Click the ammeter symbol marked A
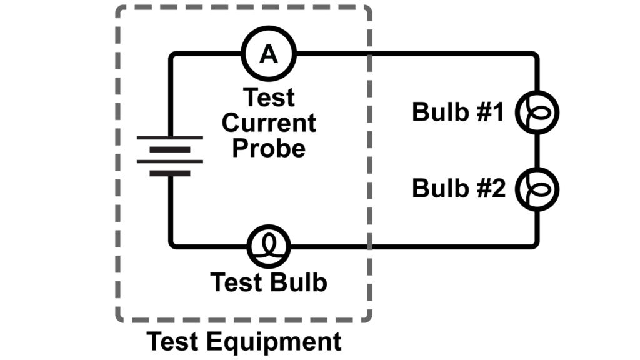pyautogui.click(x=269, y=54)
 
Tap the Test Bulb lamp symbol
pyautogui.click(x=269, y=246)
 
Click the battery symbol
pyautogui.click(x=170, y=155)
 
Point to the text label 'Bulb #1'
pyautogui.click(x=457, y=112)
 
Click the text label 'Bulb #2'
pyautogui.click(x=457, y=188)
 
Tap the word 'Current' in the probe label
pyautogui.click(x=269, y=123)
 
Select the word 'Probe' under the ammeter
pyautogui.click(x=269, y=148)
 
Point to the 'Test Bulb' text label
pyautogui.click(x=269, y=282)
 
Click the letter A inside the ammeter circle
pyautogui.click(x=269, y=55)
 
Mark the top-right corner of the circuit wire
pyautogui.click(x=535, y=55)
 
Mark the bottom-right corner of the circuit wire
pyautogui.click(x=535, y=245)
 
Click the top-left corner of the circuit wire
pyautogui.click(x=171, y=55)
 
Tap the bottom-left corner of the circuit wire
pyautogui.click(x=171, y=245)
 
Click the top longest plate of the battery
pyautogui.click(x=170, y=137)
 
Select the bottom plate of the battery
pyautogui.click(x=170, y=173)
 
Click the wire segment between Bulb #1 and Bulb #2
pyautogui.click(x=536, y=151)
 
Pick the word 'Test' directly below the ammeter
pyautogui.click(x=269, y=98)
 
